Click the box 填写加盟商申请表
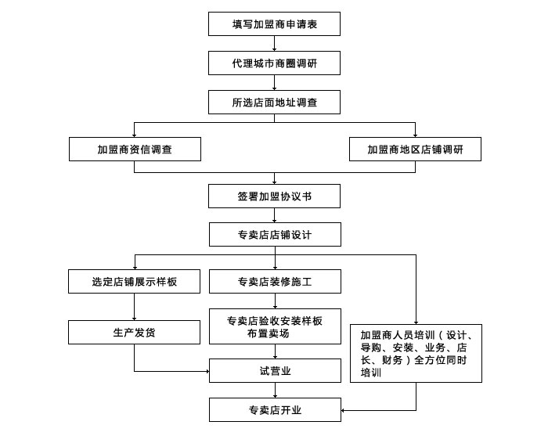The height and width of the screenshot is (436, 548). point(274,23)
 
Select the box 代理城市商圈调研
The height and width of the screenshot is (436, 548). point(274,63)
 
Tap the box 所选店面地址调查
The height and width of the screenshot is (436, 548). point(274,102)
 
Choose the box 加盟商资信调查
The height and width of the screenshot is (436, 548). point(135,150)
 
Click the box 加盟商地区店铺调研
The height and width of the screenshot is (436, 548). point(415,150)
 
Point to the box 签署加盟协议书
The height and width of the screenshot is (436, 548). point(274,196)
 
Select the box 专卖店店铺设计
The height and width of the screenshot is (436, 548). point(275,234)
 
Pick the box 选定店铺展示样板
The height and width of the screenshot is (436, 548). point(134,281)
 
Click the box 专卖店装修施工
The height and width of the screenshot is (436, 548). point(275,281)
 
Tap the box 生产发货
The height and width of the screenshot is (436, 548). point(134,332)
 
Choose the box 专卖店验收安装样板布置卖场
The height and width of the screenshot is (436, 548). point(275,326)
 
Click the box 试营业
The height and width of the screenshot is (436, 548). point(275,370)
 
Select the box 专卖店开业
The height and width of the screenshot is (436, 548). point(275,409)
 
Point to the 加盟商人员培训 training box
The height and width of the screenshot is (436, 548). point(416,353)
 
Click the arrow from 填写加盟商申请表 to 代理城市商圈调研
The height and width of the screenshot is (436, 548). point(274,43)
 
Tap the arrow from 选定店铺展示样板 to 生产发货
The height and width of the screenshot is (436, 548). point(134,307)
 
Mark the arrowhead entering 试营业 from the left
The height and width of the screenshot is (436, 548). point(207,371)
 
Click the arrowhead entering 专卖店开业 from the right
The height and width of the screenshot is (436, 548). point(343,410)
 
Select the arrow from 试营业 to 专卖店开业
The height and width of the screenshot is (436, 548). point(275,391)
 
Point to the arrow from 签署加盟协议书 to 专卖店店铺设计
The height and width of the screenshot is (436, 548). point(274,215)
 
